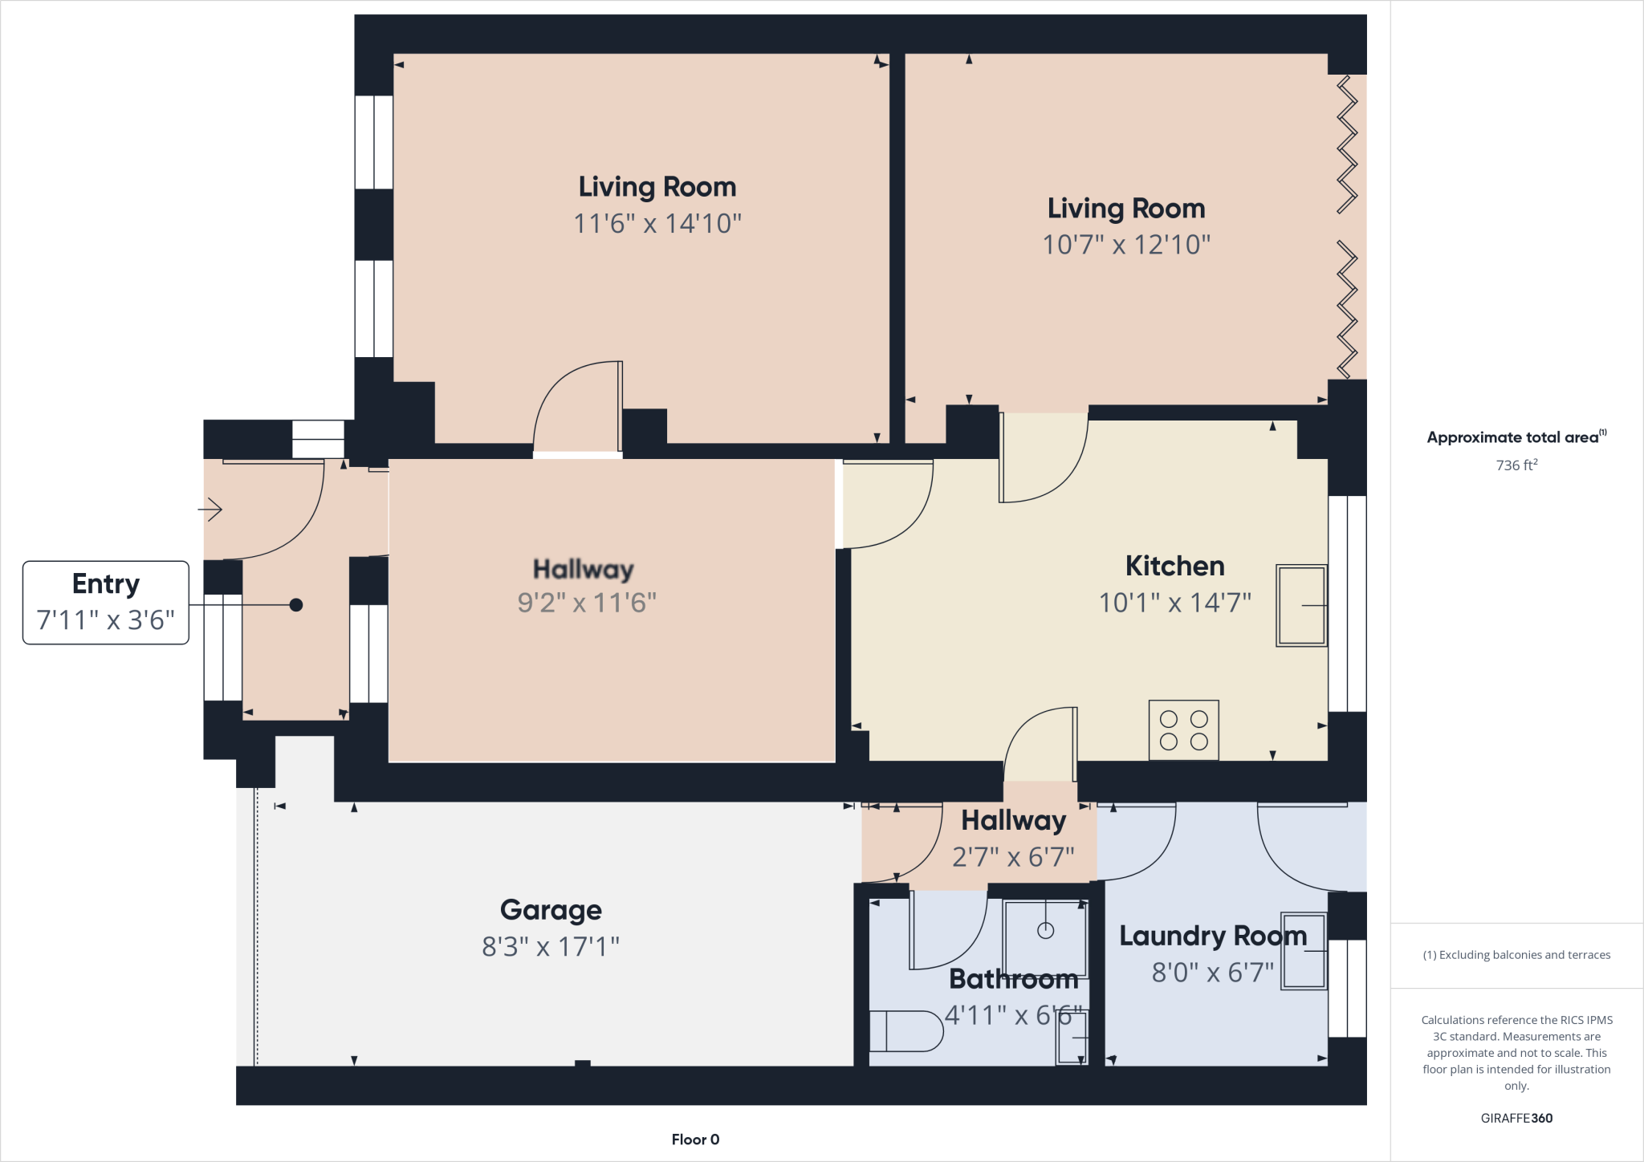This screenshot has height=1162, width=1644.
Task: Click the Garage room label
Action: pos(551,910)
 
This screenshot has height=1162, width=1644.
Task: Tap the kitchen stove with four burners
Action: pos(1183,730)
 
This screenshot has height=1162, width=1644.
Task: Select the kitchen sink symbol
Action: pos(1300,605)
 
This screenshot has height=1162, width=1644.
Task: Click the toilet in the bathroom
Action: pos(905,1030)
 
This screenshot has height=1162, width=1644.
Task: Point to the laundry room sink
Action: pos(1304,951)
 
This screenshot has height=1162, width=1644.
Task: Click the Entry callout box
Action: pos(106,602)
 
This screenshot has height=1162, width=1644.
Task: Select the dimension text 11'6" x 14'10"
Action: pos(657,223)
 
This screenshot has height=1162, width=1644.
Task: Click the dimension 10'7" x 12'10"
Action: pos(1125,245)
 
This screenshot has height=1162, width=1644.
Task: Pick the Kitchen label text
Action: pos(1174,567)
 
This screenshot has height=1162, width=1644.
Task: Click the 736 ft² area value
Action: pos(1516,465)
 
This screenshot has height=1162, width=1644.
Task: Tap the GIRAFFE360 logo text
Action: pos(1516,1118)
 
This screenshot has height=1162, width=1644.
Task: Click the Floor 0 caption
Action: pos(695,1139)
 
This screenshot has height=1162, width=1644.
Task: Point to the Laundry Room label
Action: pos(1212,936)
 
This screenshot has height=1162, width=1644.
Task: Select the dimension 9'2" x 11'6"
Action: pos(587,603)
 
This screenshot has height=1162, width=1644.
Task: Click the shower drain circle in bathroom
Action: pos(1045,931)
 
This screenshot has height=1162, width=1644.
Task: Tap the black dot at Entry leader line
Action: pos(296,605)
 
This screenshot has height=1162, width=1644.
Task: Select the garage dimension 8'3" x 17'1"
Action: pos(551,947)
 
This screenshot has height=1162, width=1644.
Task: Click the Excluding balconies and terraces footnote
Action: pos(1516,955)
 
